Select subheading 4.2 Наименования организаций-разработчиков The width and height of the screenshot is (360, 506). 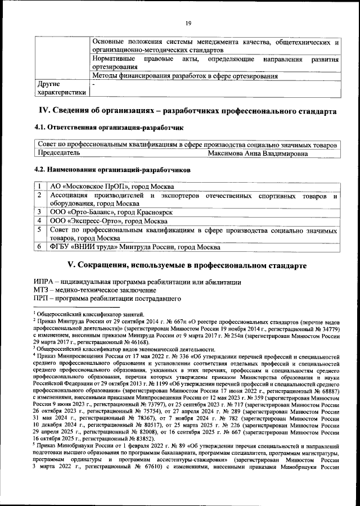coord(112,169)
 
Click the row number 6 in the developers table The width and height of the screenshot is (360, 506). coord(40,247)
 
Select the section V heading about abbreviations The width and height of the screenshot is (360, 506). coord(187,264)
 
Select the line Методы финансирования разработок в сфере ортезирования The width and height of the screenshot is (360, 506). coord(184,76)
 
